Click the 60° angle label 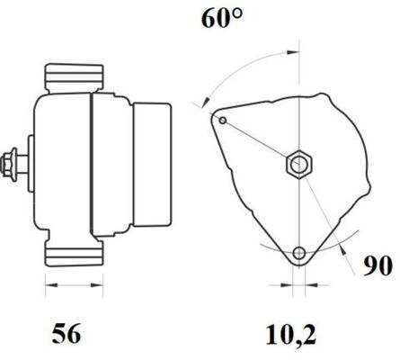[222, 19]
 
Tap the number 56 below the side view [67, 333]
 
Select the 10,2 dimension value [291, 334]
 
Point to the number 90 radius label [378, 265]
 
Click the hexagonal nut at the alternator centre [298, 164]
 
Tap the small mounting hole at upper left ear [223, 121]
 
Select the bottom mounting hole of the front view [298, 253]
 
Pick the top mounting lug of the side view [74, 77]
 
